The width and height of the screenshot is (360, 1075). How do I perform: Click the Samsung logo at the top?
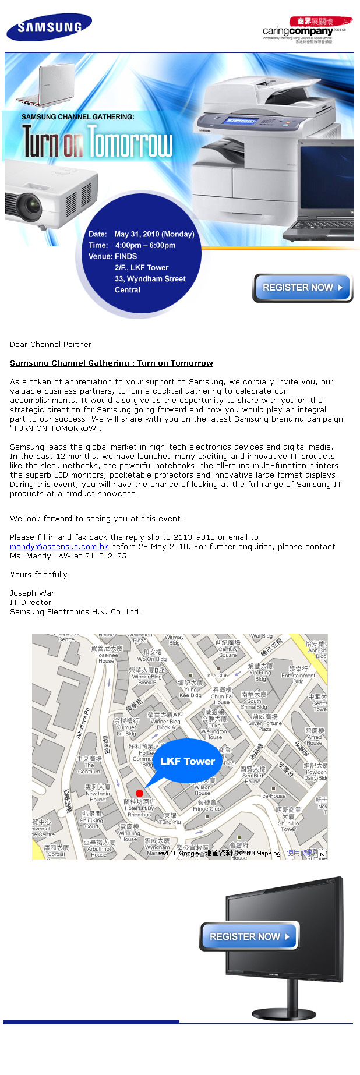(x=49, y=27)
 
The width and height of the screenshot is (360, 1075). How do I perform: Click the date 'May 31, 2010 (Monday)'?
(x=154, y=234)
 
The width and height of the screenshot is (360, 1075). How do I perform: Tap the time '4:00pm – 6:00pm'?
(x=145, y=245)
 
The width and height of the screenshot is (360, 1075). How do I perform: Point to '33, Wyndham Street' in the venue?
(x=150, y=279)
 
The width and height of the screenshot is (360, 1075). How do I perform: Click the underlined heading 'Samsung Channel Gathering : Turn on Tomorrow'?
(x=111, y=363)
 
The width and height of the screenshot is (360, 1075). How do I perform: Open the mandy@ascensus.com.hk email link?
(x=59, y=547)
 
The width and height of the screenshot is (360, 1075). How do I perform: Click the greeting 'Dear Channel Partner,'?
(x=52, y=345)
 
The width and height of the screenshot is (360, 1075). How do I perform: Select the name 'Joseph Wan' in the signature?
(x=33, y=593)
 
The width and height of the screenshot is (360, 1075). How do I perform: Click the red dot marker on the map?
(x=139, y=793)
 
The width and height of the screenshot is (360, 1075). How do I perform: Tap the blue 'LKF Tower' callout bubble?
(x=187, y=761)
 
